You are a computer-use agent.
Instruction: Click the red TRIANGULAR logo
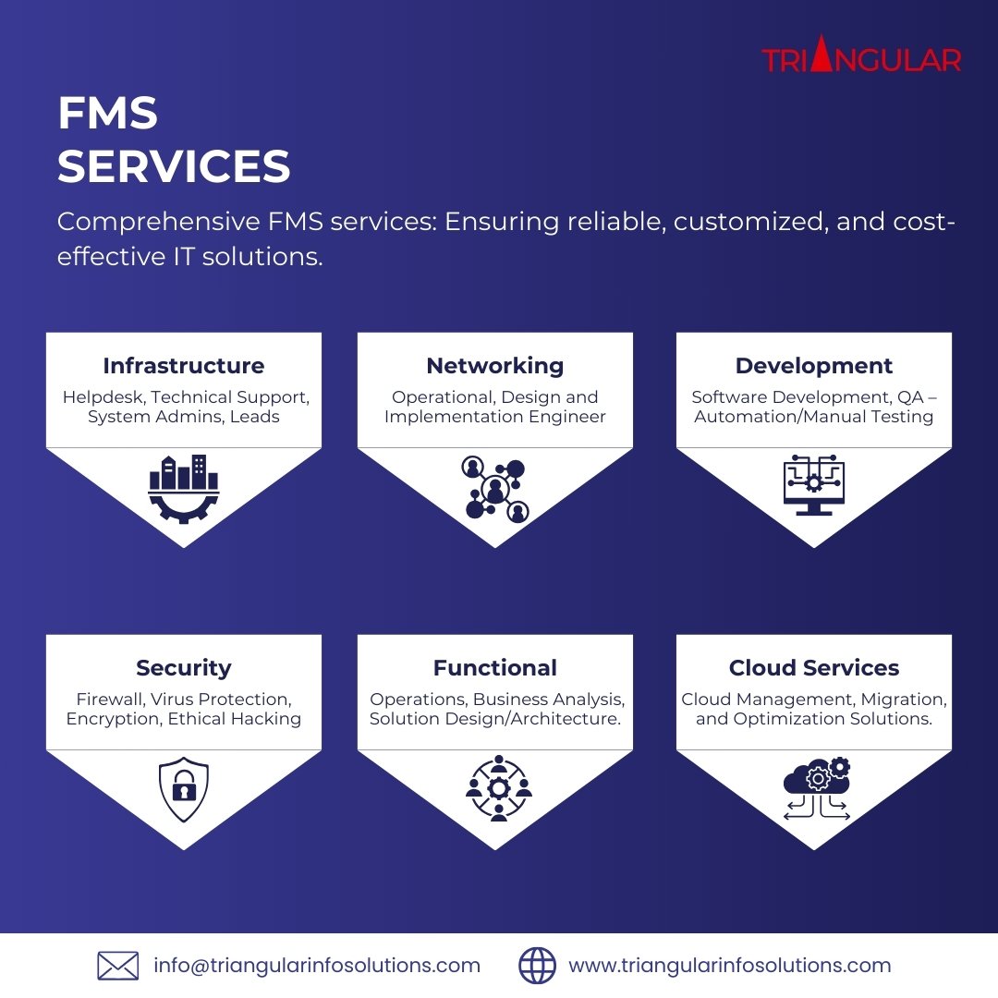861,59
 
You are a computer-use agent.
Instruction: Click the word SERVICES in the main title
174,167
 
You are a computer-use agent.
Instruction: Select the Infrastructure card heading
183,366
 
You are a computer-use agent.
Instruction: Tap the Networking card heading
494,366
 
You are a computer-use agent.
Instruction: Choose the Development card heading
813,366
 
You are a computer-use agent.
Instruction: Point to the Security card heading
183,668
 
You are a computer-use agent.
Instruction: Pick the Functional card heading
494,668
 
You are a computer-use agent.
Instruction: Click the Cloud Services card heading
813,668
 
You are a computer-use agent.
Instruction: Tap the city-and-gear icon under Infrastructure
183,489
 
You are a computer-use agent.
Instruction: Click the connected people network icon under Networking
494,488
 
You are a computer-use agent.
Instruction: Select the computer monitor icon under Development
813,485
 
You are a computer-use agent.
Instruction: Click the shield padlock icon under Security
183,788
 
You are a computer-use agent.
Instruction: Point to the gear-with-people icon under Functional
498,788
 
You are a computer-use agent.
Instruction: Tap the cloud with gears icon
817,788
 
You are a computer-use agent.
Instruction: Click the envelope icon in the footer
117,966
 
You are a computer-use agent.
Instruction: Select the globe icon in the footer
537,966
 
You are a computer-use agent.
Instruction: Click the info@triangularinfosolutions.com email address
317,966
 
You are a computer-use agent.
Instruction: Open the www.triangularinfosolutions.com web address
729,966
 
